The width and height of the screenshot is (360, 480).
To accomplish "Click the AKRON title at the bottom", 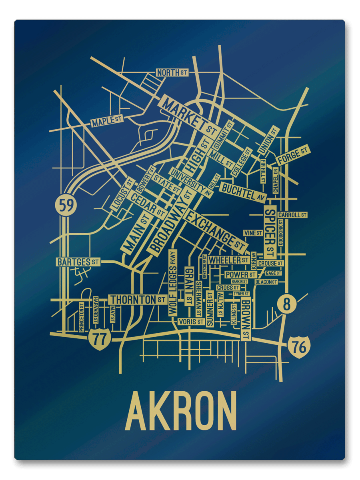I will pos(181,412).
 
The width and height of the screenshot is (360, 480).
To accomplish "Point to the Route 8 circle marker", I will pos(286,304).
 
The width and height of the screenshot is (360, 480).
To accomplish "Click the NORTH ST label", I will pos(172,73).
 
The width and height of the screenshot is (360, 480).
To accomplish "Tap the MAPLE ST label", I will pos(106,122).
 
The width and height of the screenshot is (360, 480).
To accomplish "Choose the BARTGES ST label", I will pos(78,262).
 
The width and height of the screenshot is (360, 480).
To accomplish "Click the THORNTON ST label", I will pos(138,299).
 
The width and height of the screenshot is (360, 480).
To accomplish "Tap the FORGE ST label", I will pos(293,156).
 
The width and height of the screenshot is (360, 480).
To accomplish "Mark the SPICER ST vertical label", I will pos(270,232).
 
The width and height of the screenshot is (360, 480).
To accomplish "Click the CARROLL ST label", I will pos(292,215).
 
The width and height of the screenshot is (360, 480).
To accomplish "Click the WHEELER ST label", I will pos(228,260).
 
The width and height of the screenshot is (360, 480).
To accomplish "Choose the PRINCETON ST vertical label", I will pos(82,317).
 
